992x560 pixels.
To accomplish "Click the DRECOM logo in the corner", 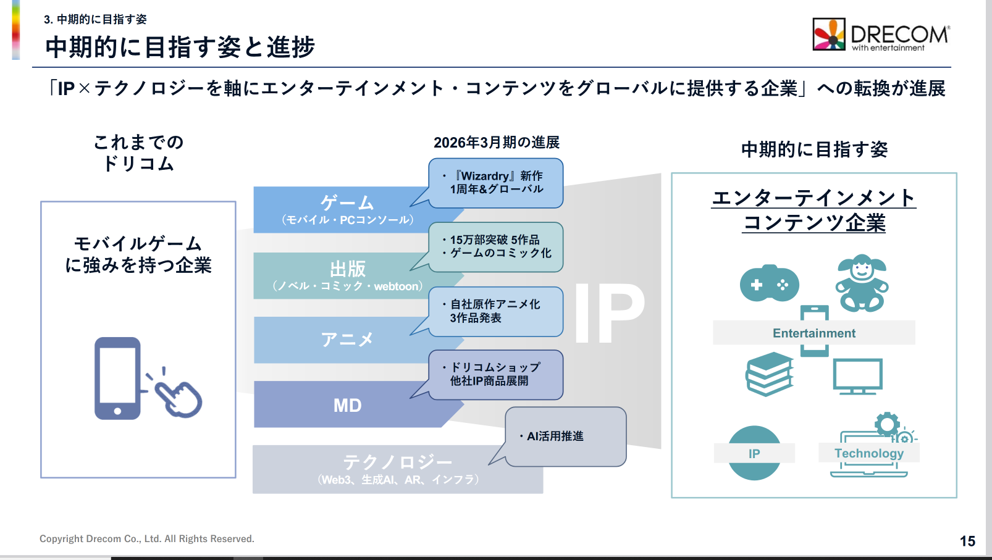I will coord(881,35).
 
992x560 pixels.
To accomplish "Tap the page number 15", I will coord(967,541).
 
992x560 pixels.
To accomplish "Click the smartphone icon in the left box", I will coord(117,378).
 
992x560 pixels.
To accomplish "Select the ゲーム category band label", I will coord(347,203).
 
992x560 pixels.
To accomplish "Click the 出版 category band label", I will coord(348,269).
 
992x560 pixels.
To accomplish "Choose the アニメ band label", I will coord(347,339).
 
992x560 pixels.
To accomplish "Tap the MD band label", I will coord(347,406).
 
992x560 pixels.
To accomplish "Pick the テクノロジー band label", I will coord(397,462).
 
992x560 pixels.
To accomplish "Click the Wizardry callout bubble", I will coord(496,183).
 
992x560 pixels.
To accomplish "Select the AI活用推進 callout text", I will coord(555,437).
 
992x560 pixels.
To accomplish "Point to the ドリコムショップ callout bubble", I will coord(495,374).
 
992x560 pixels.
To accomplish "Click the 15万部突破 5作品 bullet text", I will coord(494,240).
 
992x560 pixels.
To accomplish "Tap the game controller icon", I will coord(769,284).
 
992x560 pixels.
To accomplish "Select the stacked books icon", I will coord(770,374).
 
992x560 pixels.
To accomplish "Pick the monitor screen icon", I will coord(857,375).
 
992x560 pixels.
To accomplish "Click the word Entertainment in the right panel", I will coord(814,333).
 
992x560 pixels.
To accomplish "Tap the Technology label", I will coord(868,453).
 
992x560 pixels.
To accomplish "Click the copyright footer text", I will coord(147,539).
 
